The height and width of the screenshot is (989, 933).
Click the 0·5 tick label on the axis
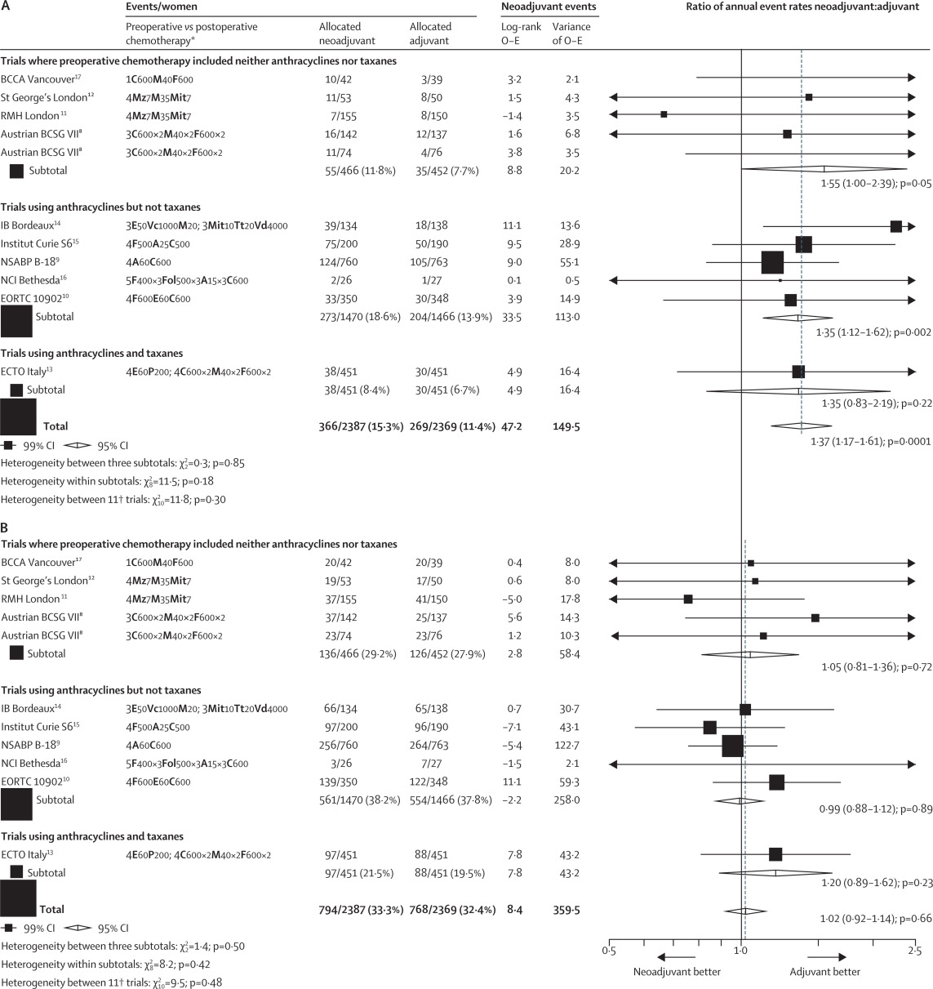609,951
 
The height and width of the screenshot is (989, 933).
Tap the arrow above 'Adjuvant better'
827,956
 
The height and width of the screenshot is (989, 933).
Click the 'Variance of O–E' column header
571,33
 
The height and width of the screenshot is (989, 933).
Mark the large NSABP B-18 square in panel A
772,262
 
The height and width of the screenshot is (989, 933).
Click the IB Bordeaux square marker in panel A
896,226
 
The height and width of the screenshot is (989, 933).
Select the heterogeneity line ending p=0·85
122,463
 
